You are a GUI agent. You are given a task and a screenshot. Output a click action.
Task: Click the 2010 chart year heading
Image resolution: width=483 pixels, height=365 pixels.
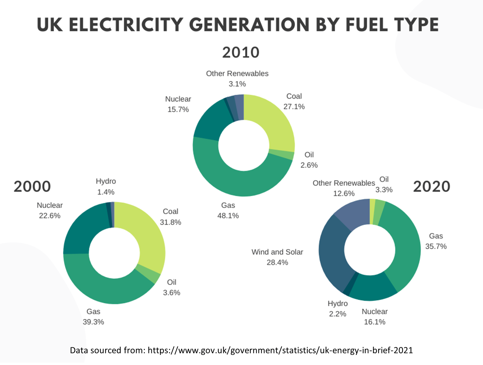[241, 52]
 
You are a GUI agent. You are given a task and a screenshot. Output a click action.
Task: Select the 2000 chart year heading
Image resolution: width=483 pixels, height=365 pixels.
[32, 187]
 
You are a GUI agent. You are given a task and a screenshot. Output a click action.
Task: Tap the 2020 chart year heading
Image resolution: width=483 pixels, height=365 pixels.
[431, 187]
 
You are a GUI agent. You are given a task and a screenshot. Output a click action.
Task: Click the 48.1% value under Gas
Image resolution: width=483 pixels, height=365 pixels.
[228, 216]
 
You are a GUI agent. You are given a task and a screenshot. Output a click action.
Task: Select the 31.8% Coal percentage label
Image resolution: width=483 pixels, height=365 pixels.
[170, 222]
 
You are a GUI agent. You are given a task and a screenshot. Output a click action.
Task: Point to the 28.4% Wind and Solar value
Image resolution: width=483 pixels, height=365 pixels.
[277, 262]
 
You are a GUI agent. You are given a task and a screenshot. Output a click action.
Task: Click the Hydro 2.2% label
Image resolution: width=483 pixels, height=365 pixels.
[338, 309]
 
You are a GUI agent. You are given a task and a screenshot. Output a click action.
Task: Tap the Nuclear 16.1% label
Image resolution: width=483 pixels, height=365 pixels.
[375, 317]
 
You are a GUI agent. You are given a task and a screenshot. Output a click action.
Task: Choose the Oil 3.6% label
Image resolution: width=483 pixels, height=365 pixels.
[172, 287]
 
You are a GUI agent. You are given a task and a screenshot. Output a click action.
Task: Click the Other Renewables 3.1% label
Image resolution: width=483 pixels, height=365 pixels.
[237, 79]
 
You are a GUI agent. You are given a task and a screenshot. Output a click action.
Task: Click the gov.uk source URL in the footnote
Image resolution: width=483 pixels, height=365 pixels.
[280, 350]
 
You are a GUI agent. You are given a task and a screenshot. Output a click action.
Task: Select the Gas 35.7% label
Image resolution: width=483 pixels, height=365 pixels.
[436, 241]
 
